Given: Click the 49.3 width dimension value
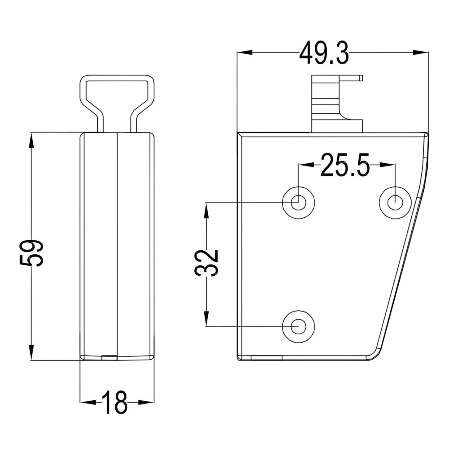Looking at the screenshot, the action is click(324, 53).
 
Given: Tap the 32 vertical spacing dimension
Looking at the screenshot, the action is click(206, 263).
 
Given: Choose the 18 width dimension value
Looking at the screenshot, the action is click(114, 402).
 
